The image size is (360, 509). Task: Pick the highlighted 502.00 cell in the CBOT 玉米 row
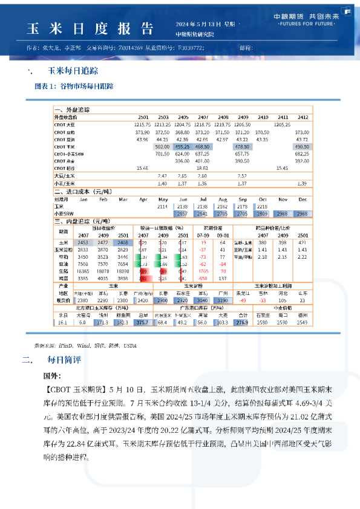click(162, 146)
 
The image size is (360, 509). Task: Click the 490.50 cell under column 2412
click(302, 146)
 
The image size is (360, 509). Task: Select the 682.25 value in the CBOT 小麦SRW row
click(302, 154)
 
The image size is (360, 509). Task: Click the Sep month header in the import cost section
click(243, 199)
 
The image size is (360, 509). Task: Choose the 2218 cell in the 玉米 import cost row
click(262, 206)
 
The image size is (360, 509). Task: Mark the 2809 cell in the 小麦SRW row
click(262, 213)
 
